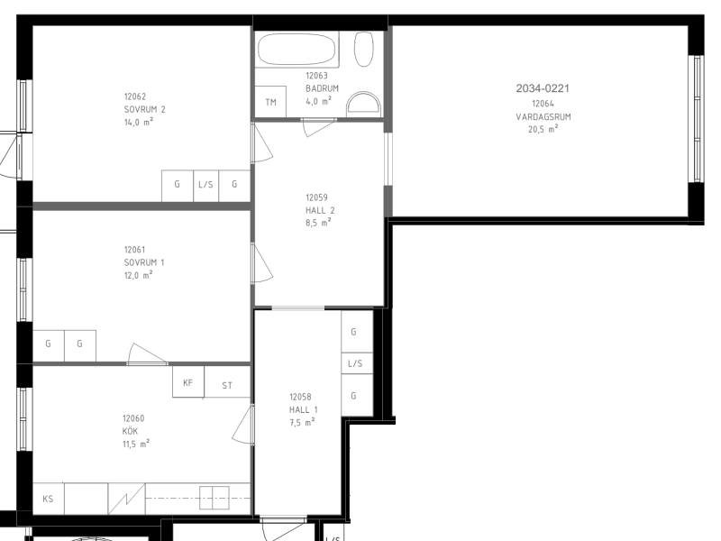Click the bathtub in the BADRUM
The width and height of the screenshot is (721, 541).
(x=297, y=50)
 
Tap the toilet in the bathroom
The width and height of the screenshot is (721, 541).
(x=363, y=49)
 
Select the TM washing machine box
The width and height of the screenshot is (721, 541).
(x=270, y=102)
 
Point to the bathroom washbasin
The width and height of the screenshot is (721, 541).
(x=364, y=105)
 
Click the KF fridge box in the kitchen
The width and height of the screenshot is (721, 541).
(x=188, y=381)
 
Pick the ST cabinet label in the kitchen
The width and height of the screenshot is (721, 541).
(x=227, y=386)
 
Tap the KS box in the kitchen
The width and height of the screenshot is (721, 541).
(x=49, y=499)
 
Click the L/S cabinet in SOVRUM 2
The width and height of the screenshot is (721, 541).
(x=206, y=186)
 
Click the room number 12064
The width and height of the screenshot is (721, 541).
(x=543, y=104)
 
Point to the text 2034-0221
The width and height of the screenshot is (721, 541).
(x=543, y=88)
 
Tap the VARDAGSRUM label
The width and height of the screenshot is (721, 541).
(x=543, y=117)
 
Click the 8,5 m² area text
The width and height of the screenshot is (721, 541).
(x=318, y=223)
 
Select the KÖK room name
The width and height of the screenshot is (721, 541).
(x=130, y=431)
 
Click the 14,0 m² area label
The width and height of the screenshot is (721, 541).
(x=139, y=122)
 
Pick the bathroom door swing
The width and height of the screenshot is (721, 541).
(x=318, y=126)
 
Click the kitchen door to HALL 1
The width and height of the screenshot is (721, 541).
(x=243, y=425)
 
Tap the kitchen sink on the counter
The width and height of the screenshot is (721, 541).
(x=214, y=498)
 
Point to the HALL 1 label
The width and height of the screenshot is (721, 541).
(x=303, y=410)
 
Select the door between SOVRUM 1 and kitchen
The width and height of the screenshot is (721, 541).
(x=147, y=354)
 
